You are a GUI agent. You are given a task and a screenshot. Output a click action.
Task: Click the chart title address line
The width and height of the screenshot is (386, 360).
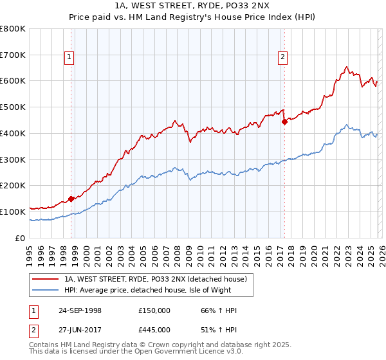[x=193, y=6]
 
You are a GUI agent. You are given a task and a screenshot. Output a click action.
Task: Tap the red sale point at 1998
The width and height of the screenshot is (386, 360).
[x=71, y=199]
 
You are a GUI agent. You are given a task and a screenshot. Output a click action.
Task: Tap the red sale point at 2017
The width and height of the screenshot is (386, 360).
[x=284, y=122]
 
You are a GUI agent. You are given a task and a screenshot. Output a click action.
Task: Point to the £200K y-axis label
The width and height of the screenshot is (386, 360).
[x=13, y=186]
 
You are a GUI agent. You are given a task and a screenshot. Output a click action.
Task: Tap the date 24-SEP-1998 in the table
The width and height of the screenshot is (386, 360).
[x=88, y=310]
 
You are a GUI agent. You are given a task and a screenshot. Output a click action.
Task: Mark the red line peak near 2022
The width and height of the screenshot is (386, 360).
[x=347, y=66]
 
